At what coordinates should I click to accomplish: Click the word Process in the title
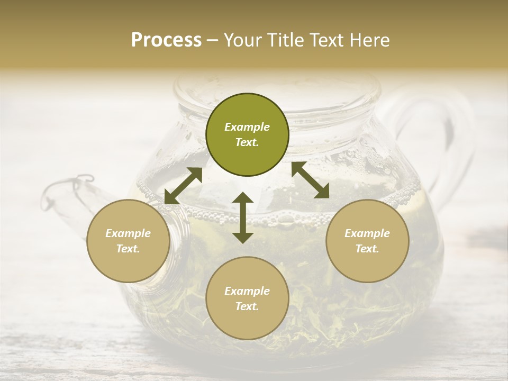166,40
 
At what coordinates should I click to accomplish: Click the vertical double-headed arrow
243,217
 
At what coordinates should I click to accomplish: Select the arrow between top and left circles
183,185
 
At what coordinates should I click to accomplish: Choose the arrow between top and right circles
311,180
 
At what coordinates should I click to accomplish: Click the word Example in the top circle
247,127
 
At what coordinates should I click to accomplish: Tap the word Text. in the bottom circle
247,306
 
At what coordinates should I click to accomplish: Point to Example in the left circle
128,233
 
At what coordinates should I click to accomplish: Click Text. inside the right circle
367,249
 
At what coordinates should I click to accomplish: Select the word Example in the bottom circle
247,291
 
